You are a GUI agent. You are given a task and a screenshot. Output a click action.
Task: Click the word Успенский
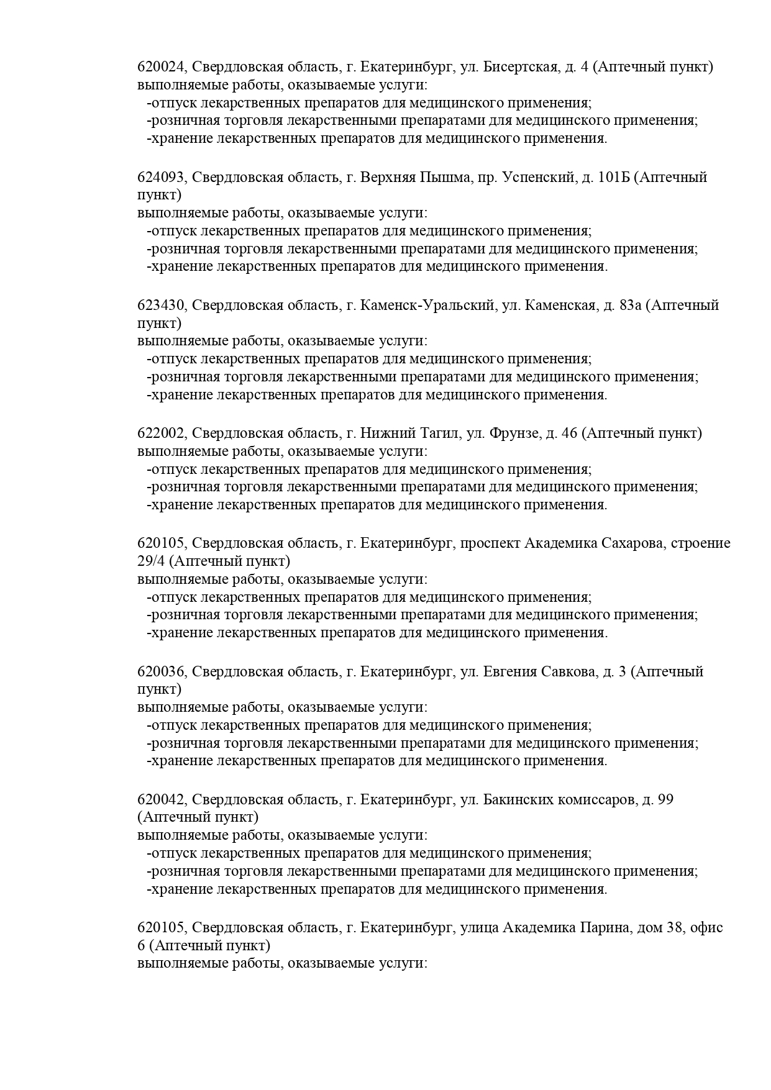(x=537, y=178)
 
